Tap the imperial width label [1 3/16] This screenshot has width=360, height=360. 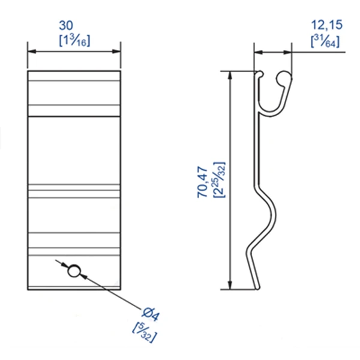74,41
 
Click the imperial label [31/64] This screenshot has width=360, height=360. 324,41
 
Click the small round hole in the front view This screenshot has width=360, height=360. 74,271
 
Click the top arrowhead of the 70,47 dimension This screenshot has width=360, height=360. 230,75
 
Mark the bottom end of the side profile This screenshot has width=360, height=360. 259,287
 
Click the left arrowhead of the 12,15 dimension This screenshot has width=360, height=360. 257,52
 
